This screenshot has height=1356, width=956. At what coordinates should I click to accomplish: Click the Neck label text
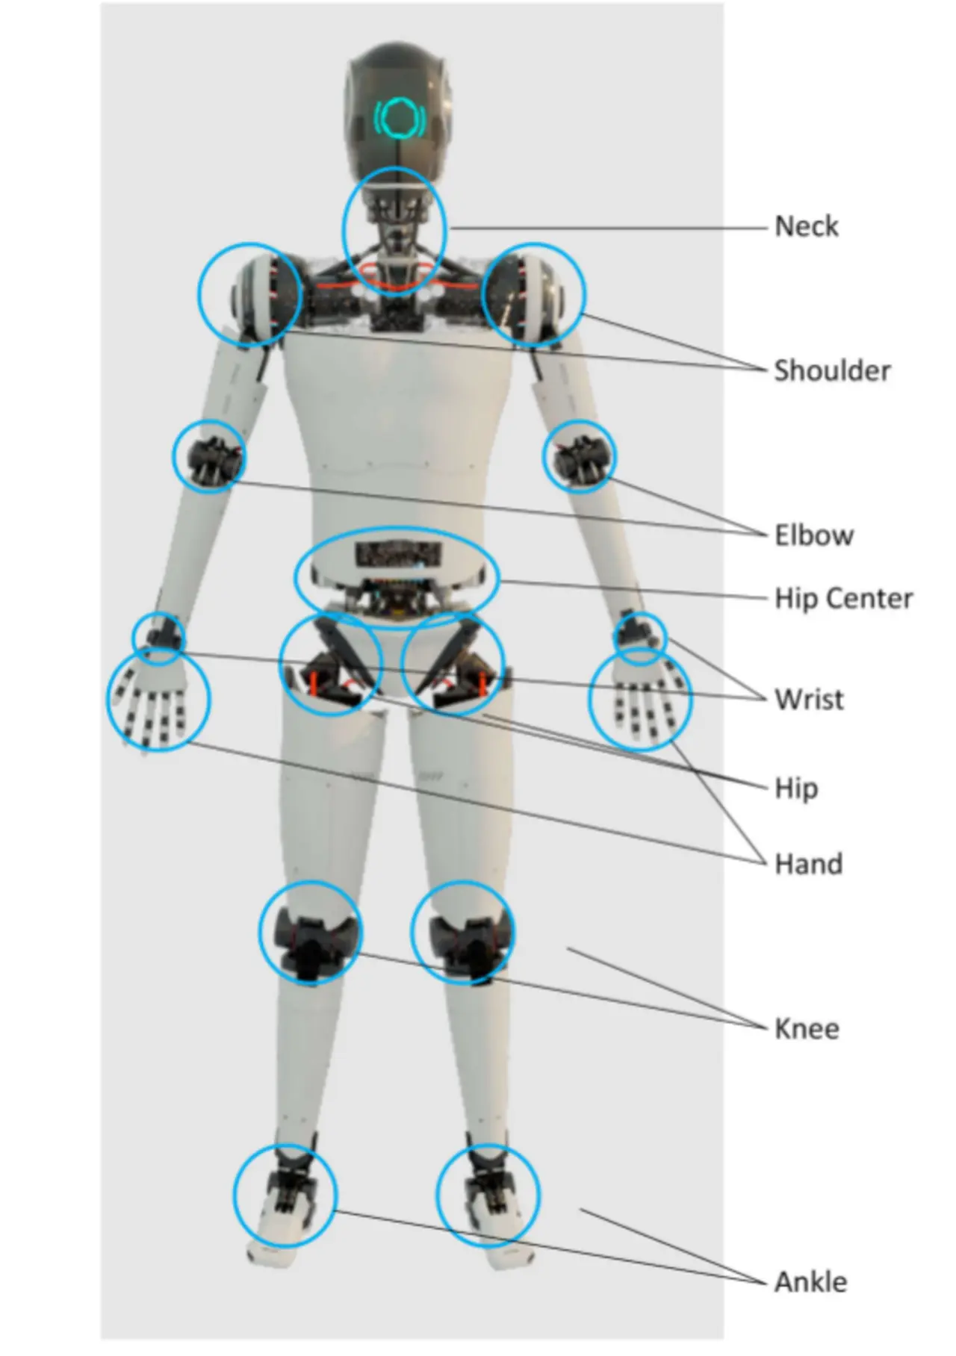(806, 226)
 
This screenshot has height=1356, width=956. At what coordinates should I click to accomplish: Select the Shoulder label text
(831, 370)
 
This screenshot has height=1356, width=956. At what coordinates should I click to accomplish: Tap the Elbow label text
(813, 535)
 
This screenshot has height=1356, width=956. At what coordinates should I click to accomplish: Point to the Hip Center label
(843, 598)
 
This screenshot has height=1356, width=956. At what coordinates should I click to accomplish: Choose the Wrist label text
(809, 700)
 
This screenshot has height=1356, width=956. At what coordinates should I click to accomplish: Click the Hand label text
(808, 864)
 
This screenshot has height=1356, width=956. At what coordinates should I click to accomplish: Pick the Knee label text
(807, 1029)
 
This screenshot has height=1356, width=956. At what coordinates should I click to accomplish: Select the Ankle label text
(810, 1282)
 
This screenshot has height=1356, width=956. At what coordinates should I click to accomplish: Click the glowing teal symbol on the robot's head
(400, 116)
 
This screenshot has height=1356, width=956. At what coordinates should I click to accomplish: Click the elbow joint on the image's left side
(209, 455)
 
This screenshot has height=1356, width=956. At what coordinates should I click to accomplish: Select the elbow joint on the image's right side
(580, 455)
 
